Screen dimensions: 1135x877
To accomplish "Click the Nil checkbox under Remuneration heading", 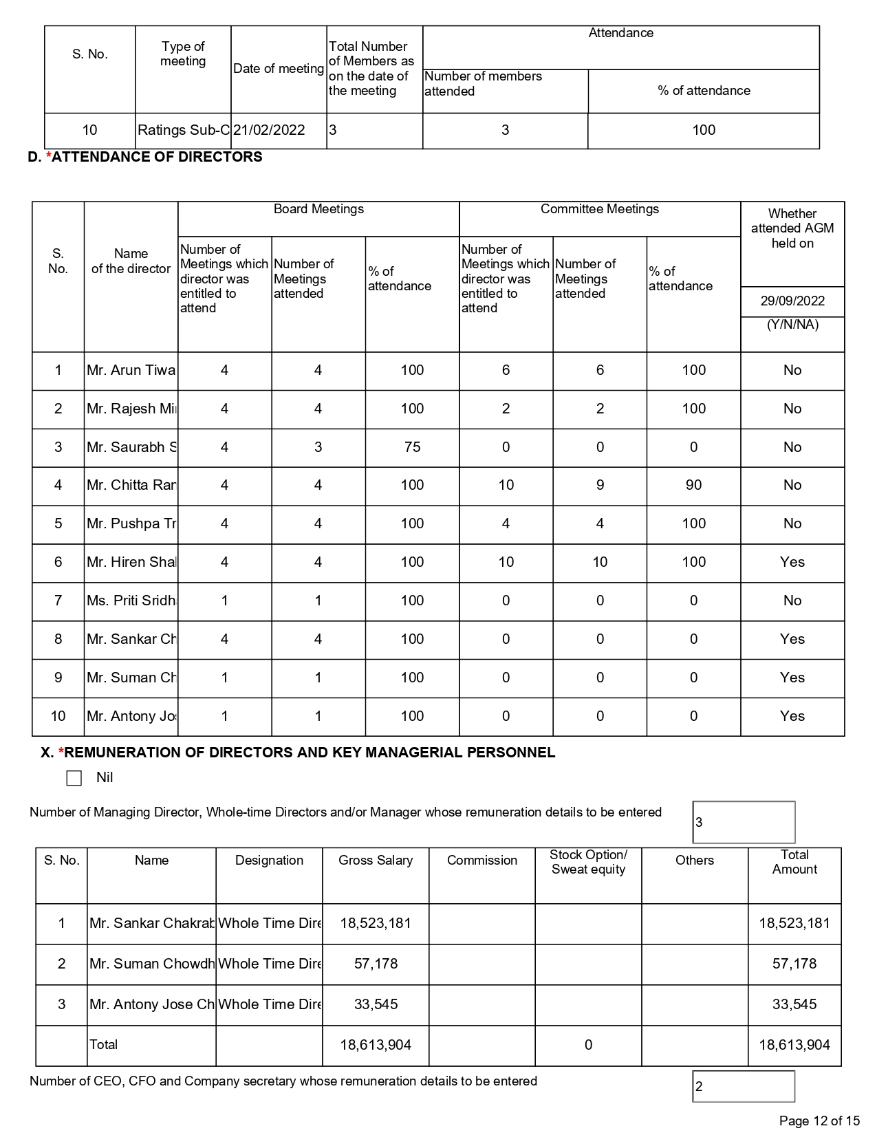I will (74, 778).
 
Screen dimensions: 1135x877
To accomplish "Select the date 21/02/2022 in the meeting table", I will (269, 130).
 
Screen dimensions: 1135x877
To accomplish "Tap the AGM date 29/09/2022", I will (792, 301).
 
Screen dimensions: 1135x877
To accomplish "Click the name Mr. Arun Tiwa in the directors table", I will (131, 370).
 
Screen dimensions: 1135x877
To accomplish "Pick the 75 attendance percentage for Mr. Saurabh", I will (412, 447).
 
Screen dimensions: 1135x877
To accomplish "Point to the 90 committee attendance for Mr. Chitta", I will (693, 485).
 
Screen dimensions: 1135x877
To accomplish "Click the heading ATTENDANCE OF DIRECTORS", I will (157, 157).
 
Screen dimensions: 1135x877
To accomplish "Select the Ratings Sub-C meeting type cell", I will (183, 130).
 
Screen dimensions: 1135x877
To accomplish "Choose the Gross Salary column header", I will (376, 861).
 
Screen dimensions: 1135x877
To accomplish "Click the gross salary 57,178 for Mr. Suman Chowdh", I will (376, 964).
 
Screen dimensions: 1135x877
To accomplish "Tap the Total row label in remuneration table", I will (104, 1044).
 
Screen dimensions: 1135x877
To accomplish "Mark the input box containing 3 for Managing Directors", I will (744, 822).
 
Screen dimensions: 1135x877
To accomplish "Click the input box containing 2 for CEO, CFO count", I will (744, 1087).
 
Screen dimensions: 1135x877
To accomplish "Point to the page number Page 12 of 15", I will (819, 1121).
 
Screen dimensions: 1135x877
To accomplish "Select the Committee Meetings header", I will (600, 209).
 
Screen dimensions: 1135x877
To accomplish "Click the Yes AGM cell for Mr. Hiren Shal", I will (792, 562).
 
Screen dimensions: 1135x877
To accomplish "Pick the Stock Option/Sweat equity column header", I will (588, 862).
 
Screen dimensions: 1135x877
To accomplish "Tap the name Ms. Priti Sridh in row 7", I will (131, 601).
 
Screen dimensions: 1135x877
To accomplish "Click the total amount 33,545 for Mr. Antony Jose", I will (794, 1004).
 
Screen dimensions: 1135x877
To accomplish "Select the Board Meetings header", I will (318, 209).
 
